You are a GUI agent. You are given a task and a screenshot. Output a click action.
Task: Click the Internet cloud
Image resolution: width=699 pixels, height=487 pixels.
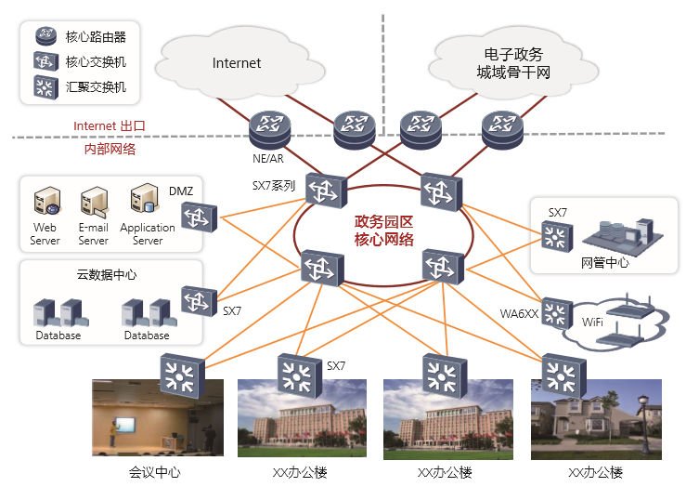[x=237, y=63]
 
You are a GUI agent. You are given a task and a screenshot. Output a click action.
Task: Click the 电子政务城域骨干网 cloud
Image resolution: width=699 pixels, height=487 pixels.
[x=512, y=63]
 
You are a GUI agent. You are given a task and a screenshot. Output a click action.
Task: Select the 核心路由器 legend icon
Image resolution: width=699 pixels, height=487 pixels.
[x=45, y=37]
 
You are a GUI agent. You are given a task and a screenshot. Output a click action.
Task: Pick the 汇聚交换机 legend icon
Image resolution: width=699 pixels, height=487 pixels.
[x=45, y=88]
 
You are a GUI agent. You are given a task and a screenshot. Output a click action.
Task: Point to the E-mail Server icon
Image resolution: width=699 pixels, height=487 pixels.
[x=93, y=203]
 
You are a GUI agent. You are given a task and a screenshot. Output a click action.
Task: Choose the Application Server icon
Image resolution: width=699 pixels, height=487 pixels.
[x=146, y=201]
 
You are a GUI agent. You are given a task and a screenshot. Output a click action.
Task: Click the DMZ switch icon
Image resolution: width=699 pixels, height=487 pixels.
[x=198, y=217]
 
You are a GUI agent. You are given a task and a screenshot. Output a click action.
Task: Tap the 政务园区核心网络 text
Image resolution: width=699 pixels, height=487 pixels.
[x=384, y=230]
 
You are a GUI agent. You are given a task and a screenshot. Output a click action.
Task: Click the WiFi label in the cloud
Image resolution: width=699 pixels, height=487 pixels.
[x=591, y=322]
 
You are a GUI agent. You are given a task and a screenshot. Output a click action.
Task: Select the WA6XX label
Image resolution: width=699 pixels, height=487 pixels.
[x=519, y=313]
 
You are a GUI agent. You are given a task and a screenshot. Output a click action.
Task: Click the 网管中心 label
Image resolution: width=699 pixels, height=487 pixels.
[x=604, y=263]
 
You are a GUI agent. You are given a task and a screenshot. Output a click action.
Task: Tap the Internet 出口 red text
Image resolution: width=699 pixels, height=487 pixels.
[x=110, y=125]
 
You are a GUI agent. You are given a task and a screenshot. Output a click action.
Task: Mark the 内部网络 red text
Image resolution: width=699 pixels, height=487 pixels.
[x=110, y=149]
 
